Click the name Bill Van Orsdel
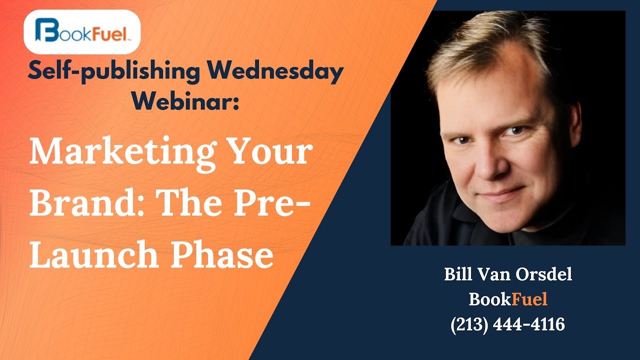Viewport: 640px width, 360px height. point(507,275)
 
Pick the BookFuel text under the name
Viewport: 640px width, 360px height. point(507,299)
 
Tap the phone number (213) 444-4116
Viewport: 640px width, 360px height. point(507,324)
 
